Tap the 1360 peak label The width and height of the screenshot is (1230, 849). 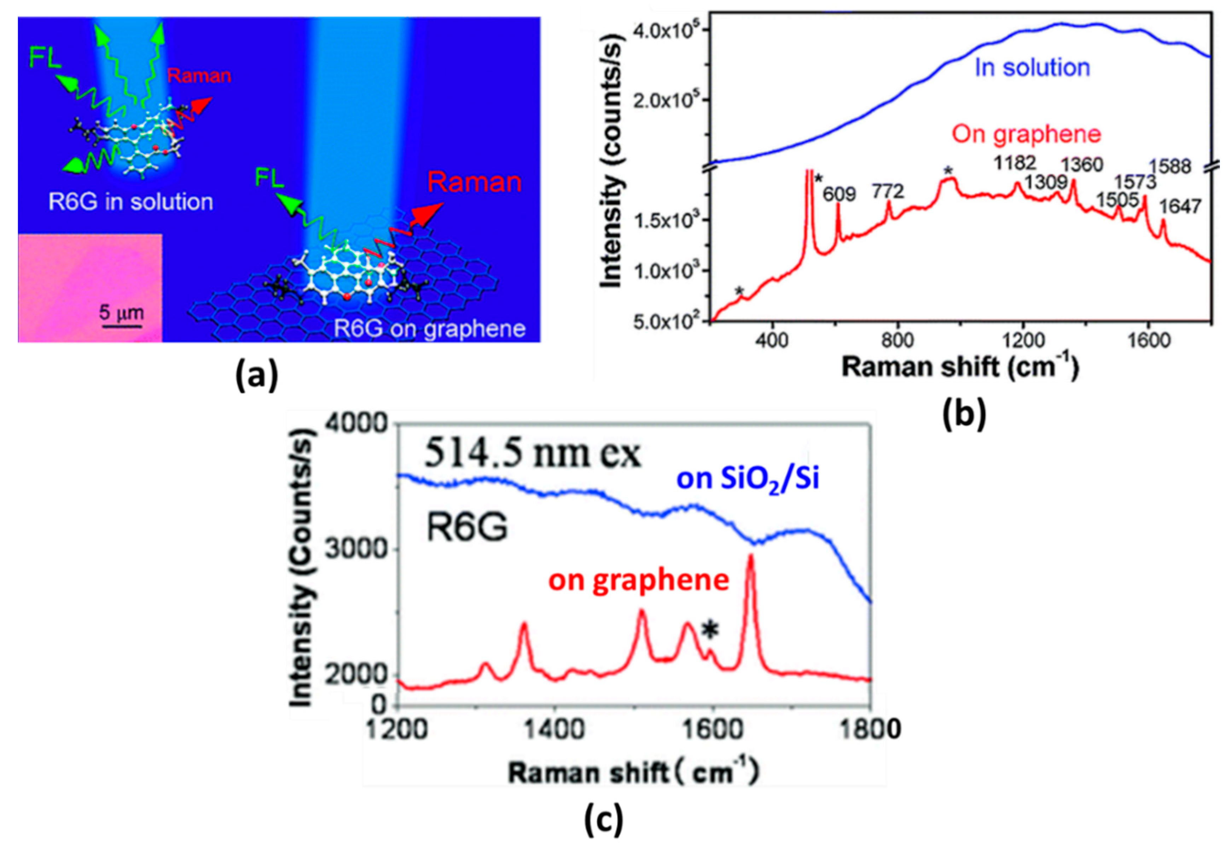(1082, 165)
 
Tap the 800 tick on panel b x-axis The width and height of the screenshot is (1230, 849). (897, 341)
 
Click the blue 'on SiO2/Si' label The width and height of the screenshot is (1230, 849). (748, 479)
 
